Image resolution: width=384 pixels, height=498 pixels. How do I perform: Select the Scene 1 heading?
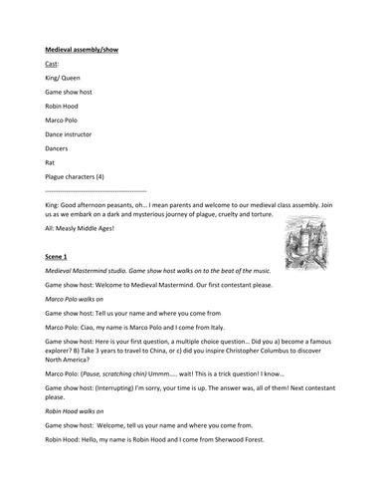[60, 256]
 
